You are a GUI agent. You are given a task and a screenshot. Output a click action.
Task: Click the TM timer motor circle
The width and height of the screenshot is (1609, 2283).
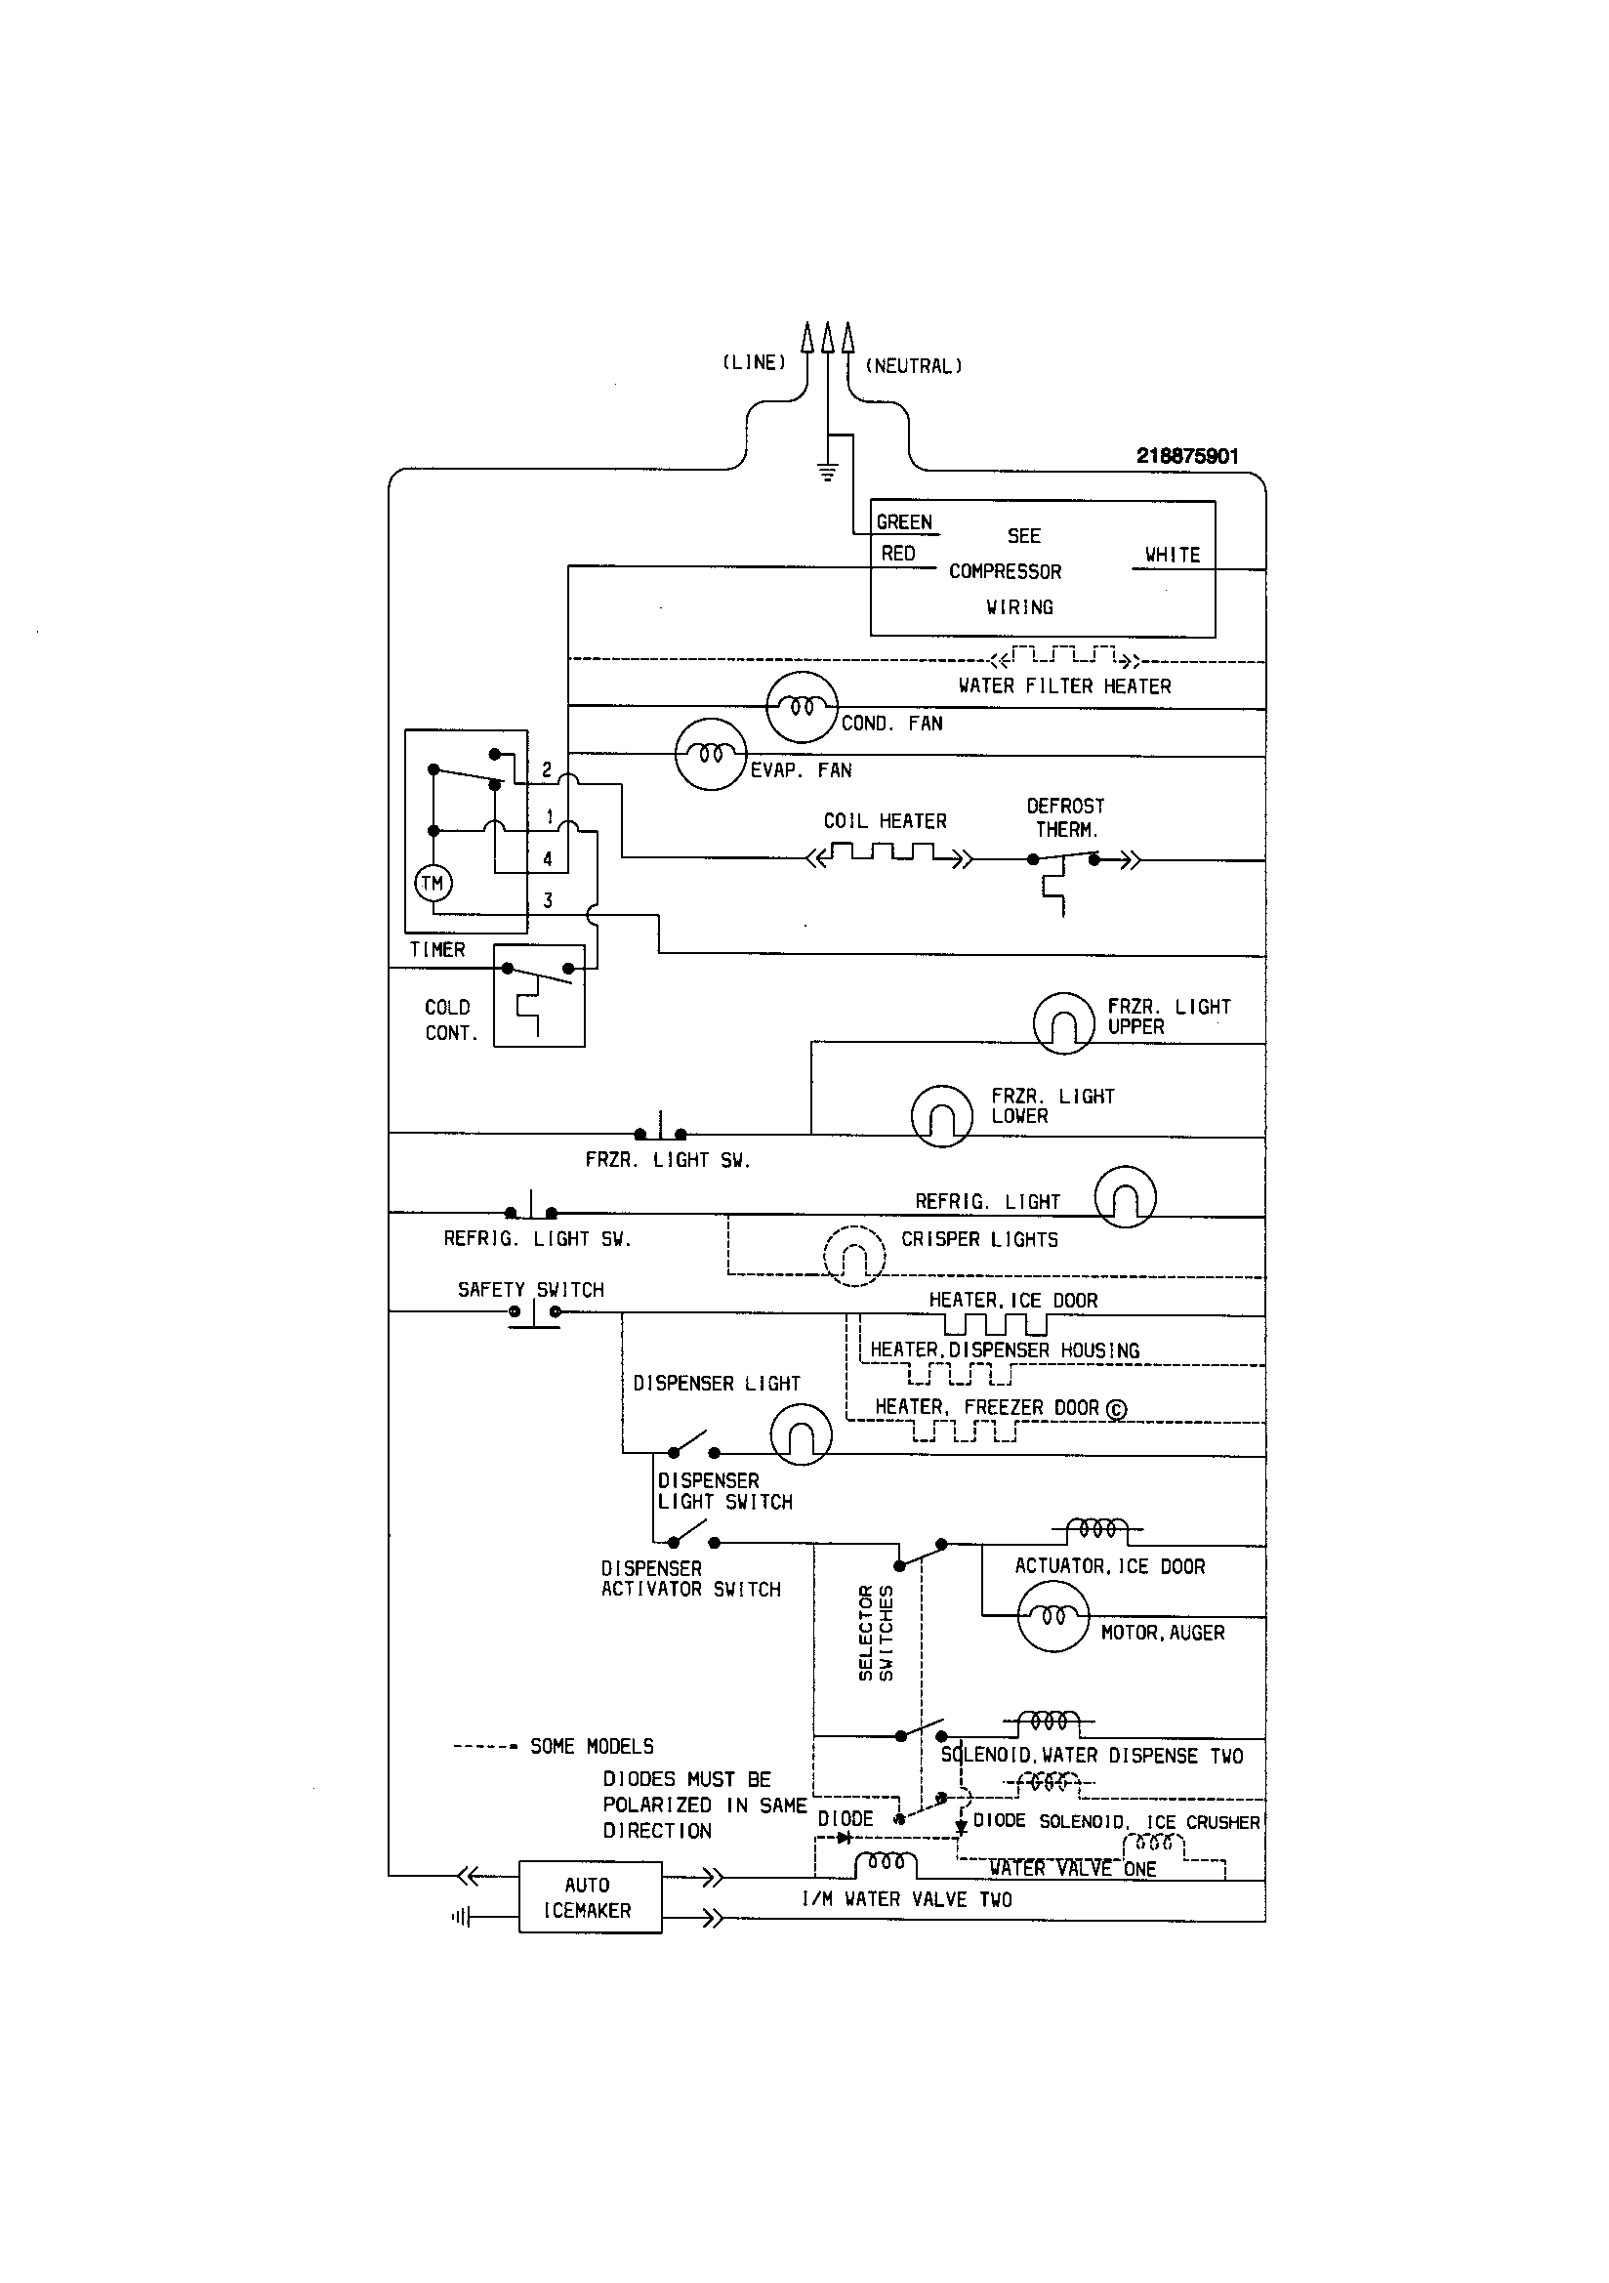coord(433,882)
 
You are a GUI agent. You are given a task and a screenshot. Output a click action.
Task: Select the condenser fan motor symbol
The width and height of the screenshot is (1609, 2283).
coord(803,707)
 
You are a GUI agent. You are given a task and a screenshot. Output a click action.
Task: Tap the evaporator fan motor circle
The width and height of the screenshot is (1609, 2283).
coord(710,755)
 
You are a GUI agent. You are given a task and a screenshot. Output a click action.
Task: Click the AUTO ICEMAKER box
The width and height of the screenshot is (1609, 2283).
coord(590,1897)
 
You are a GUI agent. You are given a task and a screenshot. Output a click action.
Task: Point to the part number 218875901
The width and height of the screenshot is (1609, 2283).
coord(1187,456)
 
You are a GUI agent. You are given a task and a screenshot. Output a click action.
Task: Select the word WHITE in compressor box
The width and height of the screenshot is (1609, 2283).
coord(1173,555)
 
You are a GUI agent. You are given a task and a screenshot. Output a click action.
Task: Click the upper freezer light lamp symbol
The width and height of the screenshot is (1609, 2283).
coord(1063,1023)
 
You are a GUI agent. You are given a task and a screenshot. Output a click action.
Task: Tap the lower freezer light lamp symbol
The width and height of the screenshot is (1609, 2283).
coord(942,1116)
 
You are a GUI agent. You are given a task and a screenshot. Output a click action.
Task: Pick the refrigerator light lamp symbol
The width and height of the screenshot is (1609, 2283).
coord(1125,1197)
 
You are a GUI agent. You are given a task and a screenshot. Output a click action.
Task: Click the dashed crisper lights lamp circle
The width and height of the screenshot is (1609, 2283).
coord(854,1256)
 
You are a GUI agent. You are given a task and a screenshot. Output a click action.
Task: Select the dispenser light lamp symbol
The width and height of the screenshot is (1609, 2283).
coord(801,1434)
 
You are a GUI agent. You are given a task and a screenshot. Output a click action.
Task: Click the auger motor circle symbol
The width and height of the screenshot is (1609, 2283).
coord(1053,1616)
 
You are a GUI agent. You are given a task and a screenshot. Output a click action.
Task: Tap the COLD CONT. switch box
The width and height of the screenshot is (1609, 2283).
coord(539,995)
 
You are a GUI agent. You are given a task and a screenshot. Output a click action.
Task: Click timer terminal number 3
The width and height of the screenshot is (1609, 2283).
coord(548,901)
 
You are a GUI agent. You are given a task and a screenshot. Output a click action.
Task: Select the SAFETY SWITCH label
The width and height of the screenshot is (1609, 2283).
coord(530,1290)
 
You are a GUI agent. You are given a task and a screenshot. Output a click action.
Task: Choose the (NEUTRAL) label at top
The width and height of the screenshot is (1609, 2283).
coord(914,366)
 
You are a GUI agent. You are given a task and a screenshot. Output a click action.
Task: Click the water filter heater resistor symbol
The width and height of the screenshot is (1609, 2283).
coord(1064,657)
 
